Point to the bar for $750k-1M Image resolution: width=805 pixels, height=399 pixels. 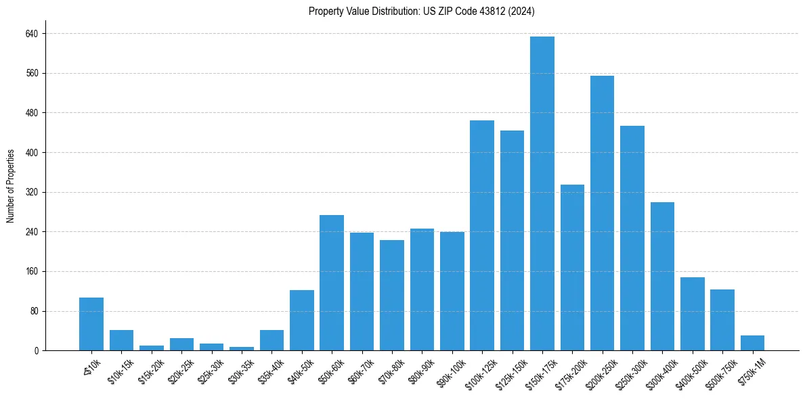coord(752,343)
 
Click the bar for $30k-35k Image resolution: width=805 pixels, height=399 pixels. coord(242,348)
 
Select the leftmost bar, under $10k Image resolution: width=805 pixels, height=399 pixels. coord(91,324)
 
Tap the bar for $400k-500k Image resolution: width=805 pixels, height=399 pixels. coord(692,314)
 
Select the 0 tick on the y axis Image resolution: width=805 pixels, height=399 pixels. coord(36,351)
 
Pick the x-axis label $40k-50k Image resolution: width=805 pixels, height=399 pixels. coord(299,369)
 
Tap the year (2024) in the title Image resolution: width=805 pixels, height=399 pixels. coord(522,11)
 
